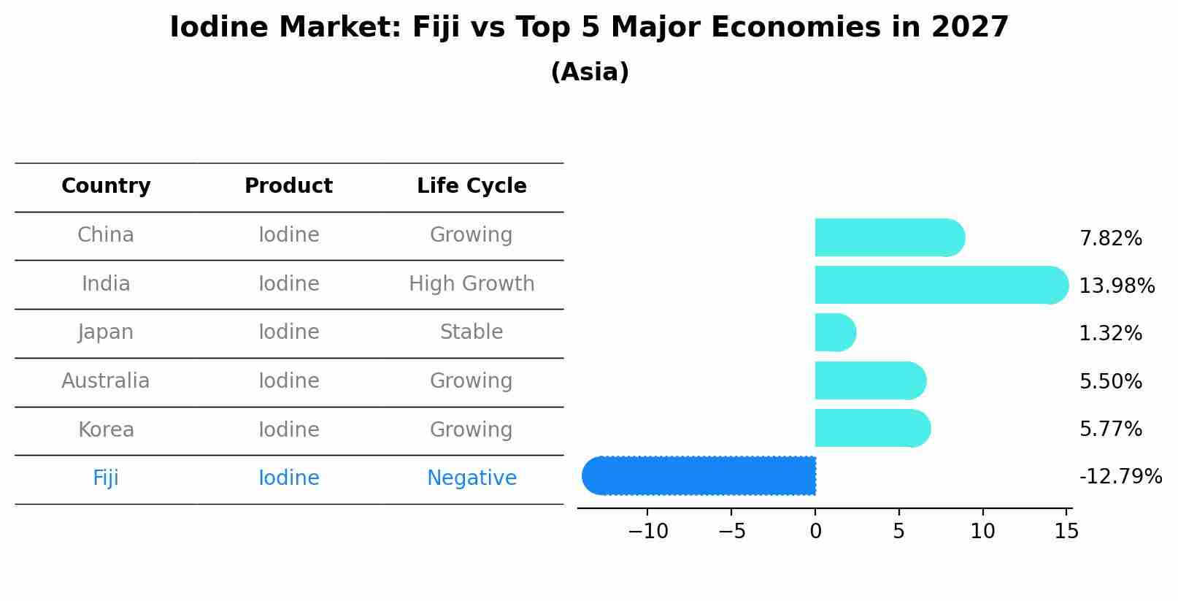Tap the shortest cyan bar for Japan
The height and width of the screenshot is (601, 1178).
tap(834, 333)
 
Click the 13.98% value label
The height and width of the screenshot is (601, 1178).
tap(1116, 286)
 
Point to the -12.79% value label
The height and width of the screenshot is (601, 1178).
tap(1120, 477)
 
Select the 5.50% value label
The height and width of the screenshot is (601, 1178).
tap(1110, 382)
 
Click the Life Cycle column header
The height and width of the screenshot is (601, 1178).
tap(471, 186)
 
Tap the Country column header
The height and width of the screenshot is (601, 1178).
tap(106, 186)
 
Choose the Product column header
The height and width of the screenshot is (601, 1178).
tap(288, 186)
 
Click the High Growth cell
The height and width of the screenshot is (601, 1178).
tap(471, 284)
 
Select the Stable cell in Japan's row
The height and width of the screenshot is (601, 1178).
tap(471, 332)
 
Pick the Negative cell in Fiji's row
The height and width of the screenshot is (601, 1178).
tap(471, 478)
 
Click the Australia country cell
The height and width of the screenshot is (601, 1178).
tap(106, 381)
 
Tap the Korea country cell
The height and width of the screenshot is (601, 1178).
tap(106, 430)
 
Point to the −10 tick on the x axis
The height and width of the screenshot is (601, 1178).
tap(647, 532)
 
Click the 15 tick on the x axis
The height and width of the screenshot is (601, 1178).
tap(1066, 532)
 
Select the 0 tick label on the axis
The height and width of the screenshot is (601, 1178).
tap(815, 532)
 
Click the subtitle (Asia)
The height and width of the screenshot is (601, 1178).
tap(589, 72)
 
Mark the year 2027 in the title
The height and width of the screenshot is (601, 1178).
tap(970, 28)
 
